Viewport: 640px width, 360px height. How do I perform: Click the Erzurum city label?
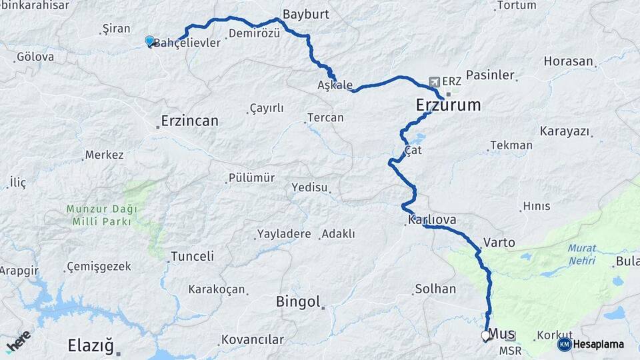[447, 105]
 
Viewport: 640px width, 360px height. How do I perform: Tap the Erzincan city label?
[190, 121]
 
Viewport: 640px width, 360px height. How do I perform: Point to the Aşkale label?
[335, 85]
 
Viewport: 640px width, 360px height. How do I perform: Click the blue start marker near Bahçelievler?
[149, 41]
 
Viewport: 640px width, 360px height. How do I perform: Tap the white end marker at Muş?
[485, 336]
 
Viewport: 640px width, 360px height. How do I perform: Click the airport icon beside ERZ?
[435, 81]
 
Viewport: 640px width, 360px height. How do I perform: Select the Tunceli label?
[192, 256]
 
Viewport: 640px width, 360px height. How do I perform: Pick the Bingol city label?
[299, 302]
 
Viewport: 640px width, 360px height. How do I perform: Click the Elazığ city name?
[91, 345]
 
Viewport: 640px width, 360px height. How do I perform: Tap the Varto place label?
[499, 243]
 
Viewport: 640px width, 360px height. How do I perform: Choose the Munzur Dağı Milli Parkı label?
[102, 215]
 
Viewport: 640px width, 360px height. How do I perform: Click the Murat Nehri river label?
[581, 254]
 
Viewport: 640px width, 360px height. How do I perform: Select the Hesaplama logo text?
[599, 345]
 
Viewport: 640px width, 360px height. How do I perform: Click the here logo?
[18, 341]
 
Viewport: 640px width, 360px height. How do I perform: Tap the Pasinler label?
[490, 75]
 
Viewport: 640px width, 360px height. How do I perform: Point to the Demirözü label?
[254, 33]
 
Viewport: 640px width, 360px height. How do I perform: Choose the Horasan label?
[568, 61]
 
